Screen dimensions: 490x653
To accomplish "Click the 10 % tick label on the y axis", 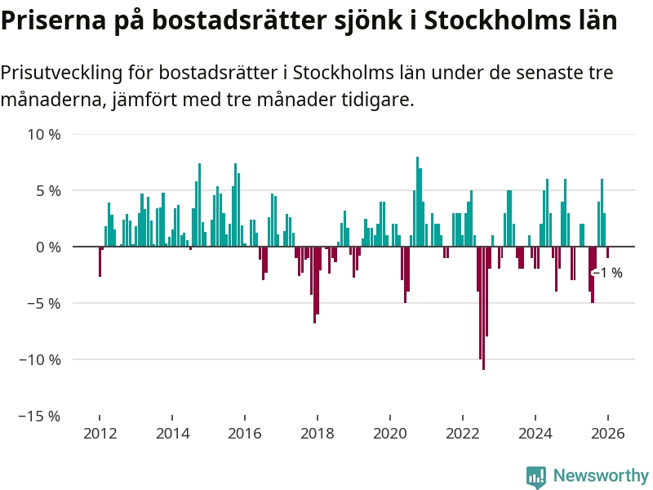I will coord(44,134).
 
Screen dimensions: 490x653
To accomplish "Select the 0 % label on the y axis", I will coord(47,247).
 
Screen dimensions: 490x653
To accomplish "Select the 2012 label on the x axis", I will coord(99,434).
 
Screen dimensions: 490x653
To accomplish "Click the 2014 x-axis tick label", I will coord(171,434).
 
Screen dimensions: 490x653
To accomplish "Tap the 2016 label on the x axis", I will coord(244,434).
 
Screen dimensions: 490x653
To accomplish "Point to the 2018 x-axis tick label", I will coord(317,434).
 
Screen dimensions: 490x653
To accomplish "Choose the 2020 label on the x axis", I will coord(389,434).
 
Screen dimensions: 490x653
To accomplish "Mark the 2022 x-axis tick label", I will coord(462,434).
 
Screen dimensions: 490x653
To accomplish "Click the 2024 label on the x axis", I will coord(535,434).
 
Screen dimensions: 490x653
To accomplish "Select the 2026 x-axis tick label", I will coord(607,434).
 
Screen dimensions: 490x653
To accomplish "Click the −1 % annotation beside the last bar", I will coord(609,273).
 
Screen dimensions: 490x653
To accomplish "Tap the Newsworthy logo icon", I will coord(536,476).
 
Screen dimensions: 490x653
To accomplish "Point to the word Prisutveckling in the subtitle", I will coord(62,73).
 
